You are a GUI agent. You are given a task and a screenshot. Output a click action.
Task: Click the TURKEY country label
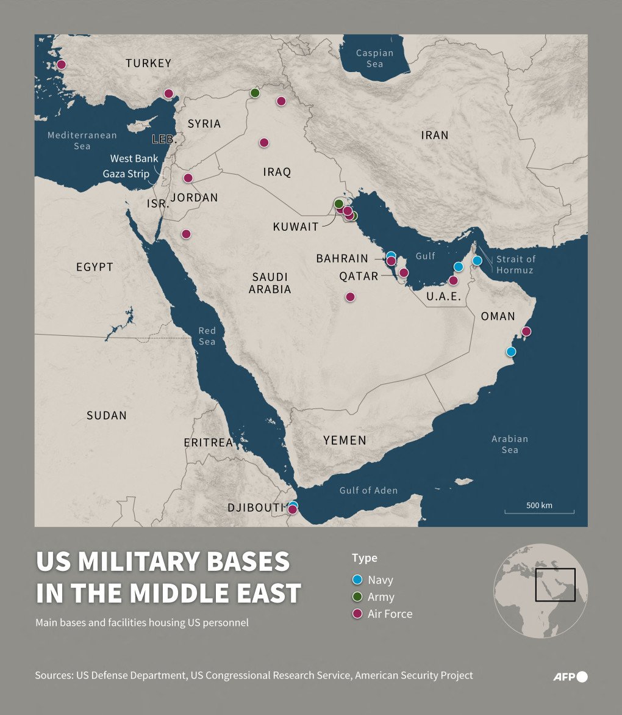148,63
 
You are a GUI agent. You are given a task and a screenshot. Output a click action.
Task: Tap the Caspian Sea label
374,58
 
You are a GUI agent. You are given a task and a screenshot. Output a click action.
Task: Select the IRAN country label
434,135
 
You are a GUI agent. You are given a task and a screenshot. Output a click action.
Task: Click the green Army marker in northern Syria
255,93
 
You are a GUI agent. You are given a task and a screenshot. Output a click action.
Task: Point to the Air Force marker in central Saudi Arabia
350,297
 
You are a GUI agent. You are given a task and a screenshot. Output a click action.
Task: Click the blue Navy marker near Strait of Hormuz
477,261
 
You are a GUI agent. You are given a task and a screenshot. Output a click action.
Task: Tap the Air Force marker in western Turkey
61,64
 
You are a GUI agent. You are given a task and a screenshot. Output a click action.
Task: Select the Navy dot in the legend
358,579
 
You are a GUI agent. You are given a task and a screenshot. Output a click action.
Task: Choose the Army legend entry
381,597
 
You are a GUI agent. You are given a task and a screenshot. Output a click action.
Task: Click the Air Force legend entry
389,614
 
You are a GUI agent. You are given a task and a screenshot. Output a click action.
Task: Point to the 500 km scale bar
539,511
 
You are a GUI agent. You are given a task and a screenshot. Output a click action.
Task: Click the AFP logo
570,676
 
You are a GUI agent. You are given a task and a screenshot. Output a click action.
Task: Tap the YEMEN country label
345,440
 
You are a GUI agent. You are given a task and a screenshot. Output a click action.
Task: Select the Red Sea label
207,336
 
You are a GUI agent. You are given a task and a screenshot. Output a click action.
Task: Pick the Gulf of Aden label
368,490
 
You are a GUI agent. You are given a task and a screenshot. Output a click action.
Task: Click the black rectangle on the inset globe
555,584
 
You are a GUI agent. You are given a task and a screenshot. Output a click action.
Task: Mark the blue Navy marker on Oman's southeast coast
511,351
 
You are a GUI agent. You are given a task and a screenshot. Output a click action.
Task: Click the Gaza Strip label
126,173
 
